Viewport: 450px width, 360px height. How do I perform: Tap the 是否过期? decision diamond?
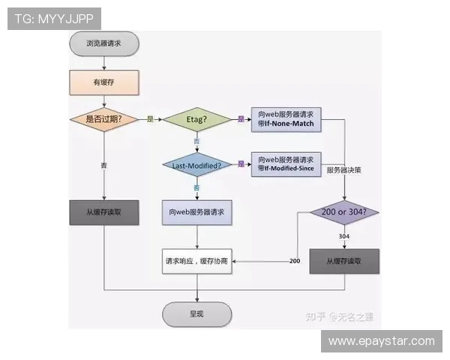tap(103, 118)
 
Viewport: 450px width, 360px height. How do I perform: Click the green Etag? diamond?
tap(196, 119)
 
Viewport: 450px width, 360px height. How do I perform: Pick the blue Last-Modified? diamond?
tap(196, 164)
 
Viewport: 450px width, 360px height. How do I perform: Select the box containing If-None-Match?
tap(286, 119)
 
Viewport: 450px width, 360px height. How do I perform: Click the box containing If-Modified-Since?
tap(286, 164)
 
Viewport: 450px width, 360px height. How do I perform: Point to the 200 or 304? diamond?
tap(344, 212)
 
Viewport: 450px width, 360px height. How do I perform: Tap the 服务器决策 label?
tap(344, 171)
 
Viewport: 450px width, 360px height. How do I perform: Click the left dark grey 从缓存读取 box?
tap(103, 212)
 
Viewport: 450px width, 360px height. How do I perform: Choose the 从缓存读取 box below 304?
tap(344, 260)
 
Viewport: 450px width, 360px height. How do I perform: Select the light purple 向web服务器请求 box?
tap(196, 212)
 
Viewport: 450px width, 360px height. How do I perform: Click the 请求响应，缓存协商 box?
tap(196, 260)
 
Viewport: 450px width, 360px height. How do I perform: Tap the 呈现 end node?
tap(196, 313)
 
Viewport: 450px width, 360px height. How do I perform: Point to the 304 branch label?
tap(343, 235)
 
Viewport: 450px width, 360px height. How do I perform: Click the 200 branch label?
tap(295, 260)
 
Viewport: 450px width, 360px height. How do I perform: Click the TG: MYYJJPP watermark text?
tap(55, 19)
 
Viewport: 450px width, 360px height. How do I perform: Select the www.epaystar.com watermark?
tap(381, 341)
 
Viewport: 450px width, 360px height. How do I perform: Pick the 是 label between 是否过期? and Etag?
tap(150, 119)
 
